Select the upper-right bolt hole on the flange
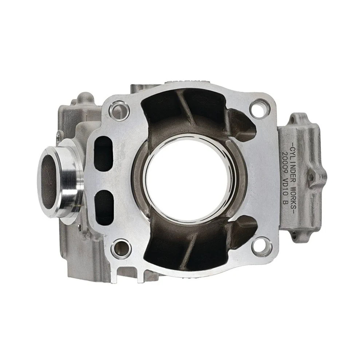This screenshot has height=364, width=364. pos(260,108)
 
